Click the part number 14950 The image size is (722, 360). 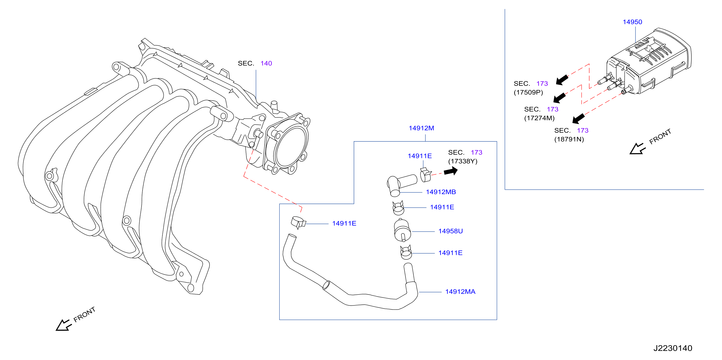point(632,22)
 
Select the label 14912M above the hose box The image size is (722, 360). point(421,128)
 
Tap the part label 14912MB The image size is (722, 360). point(441,192)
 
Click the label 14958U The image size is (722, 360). point(450,231)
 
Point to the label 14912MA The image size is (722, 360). point(460,292)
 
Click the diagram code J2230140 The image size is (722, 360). point(673,348)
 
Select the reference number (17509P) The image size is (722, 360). point(528,92)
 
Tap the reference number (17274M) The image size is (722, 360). point(539,118)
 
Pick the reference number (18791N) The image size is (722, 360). point(569,139)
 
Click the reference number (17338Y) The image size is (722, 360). point(463,161)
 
